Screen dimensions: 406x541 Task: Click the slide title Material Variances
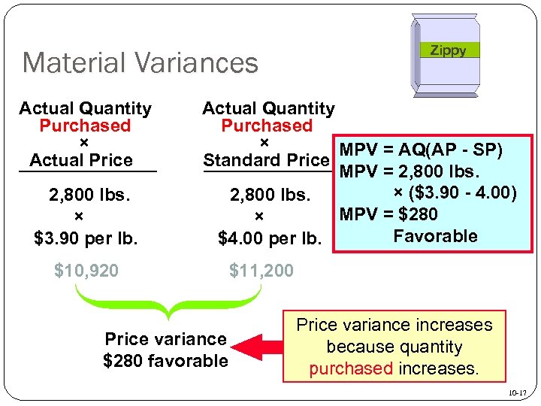point(140,62)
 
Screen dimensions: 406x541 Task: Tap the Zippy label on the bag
point(448,50)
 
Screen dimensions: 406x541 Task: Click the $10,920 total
point(86,270)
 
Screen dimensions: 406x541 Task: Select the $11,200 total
point(261,270)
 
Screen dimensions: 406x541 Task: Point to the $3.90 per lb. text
point(86,240)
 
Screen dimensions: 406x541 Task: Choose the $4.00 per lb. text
point(269,240)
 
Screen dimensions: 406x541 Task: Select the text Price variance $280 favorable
point(165,350)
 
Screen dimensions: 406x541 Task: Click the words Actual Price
point(81,160)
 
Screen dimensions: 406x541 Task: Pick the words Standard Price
point(267,160)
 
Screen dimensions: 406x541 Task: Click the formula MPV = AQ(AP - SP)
point(422,150)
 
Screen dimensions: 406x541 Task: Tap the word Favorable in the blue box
point(435,236)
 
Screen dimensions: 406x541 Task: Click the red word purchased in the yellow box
point(350,369)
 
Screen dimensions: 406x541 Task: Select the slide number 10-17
point(518,393)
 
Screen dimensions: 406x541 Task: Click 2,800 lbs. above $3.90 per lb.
point(90,195)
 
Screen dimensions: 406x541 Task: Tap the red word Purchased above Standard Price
point(267,126)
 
